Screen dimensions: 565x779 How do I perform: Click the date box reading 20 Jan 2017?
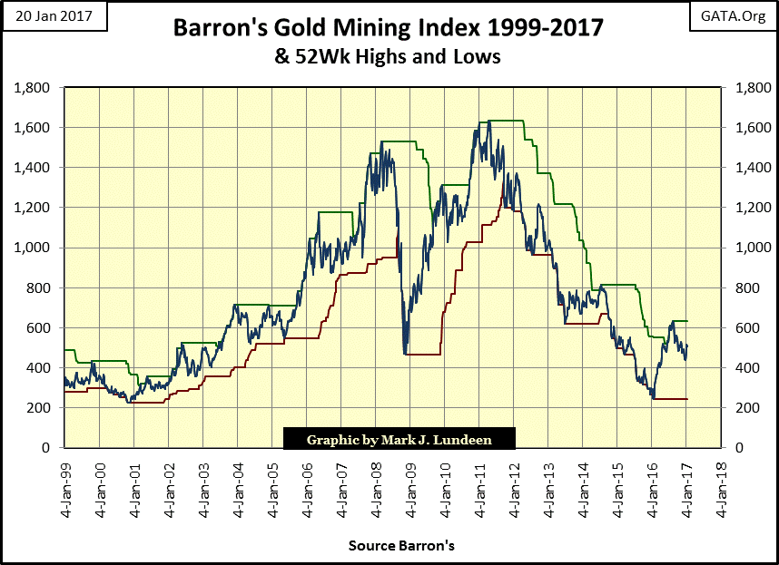point(54,17)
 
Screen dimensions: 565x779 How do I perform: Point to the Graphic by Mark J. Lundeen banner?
point(399,439)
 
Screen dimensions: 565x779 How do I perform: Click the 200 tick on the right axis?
point(737,407)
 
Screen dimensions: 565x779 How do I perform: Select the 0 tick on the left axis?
point(51,447)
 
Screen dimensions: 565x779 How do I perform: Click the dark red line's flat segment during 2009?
point(422,354)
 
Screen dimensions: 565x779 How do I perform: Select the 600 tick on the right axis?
point(737,327)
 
